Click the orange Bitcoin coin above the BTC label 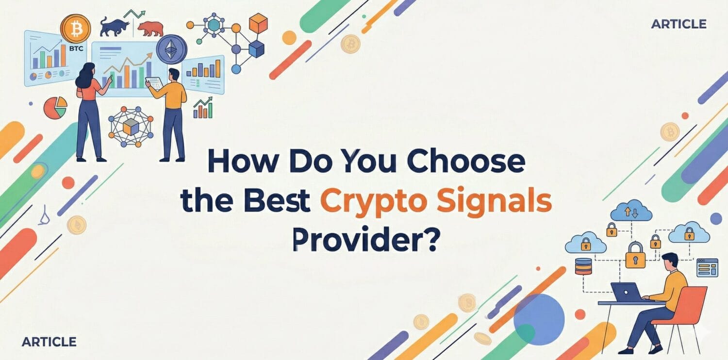click(75, 29)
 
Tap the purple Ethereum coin click(172, 49)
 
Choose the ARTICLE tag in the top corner click(678, 24)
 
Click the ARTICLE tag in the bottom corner click(49, 342)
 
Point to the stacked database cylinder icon click(583, 266)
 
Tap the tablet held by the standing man click(152, 83)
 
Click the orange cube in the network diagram click(258, 23)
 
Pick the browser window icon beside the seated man click(707, 267)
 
